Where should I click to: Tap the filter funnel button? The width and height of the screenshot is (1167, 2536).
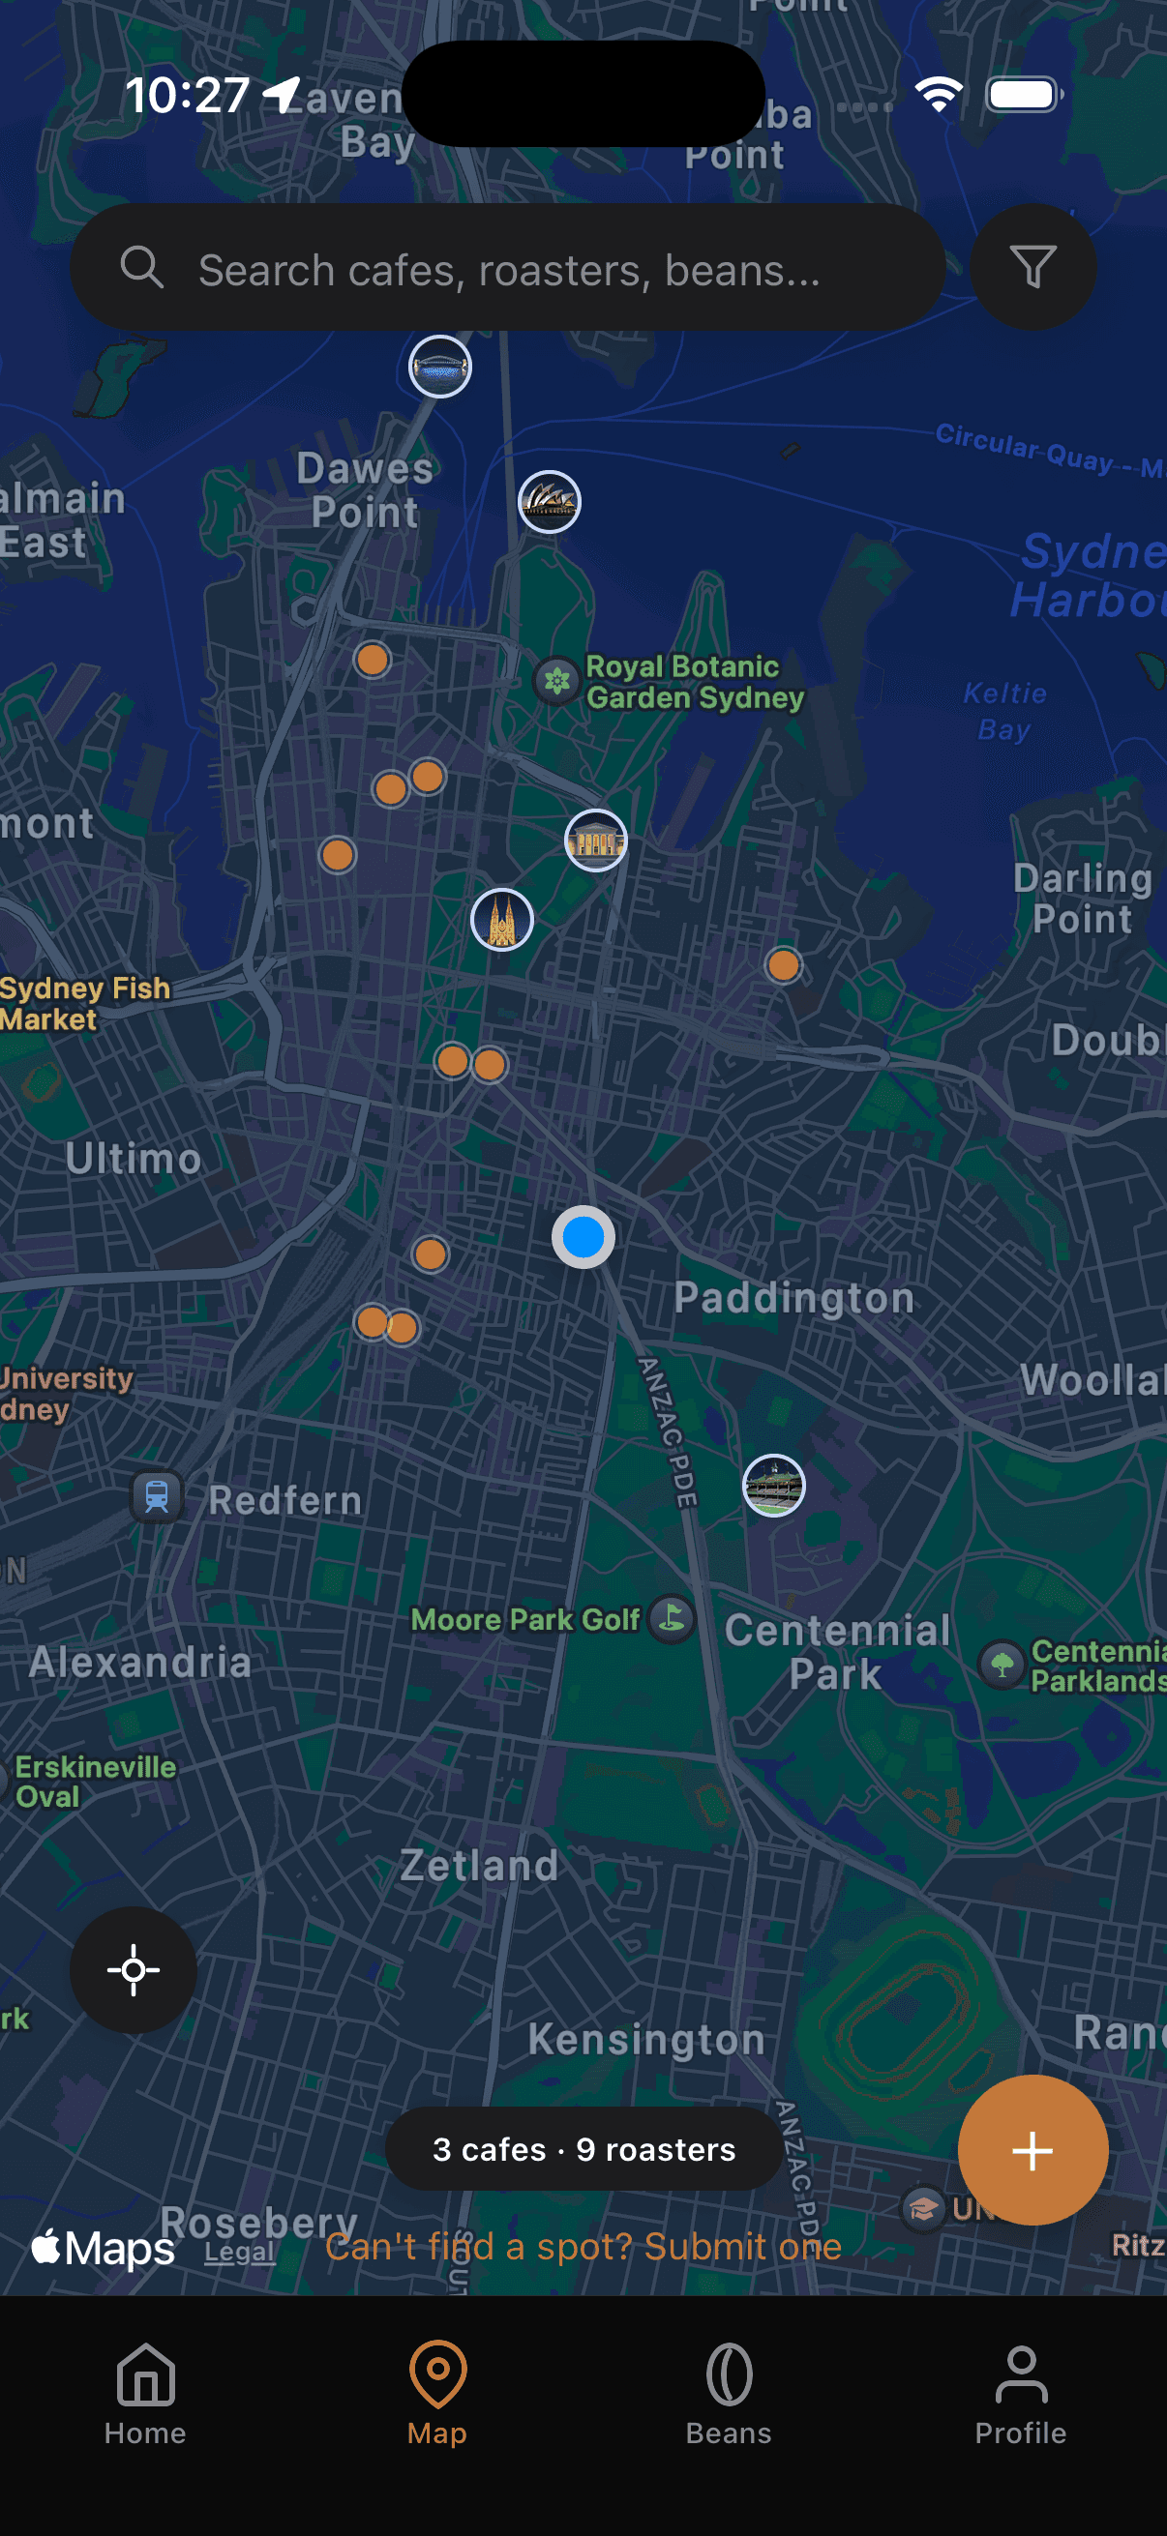[x=1032, y=267]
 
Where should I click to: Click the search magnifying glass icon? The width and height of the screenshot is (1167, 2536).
[x=142, y=268]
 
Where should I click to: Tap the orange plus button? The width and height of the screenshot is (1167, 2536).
[x=1032, y=2150]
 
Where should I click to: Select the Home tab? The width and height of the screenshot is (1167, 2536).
[x=146, y=2391]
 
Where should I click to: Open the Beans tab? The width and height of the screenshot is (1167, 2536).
[x=729, y=2391]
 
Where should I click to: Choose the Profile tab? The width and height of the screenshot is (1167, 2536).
[x=1020, y=2391]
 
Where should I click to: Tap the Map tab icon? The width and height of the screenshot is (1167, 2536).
[x=437, y=2375]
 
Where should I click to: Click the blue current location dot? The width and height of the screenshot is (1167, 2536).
[x=583, y=1236]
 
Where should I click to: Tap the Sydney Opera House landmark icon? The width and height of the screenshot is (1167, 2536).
[x=550, y=502]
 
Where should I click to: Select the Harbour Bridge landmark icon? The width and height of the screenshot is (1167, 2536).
[x=440, y=368]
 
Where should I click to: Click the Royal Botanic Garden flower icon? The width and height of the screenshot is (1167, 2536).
[x=557, y=680]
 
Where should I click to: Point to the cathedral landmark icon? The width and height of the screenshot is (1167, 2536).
[x=502, y=921]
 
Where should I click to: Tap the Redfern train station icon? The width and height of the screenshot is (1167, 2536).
[x=157, y=1496]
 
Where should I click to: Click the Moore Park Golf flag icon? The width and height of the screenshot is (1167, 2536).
[x=673, y=1617]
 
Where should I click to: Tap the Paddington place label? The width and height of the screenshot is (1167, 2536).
[x=793, y=1298]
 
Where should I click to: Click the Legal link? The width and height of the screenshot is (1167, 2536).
[x=239, y=2252]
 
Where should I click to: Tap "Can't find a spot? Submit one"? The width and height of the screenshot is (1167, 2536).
[x=583, y=2247]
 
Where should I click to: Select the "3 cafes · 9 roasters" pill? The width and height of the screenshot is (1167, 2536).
[x=584, y=2149]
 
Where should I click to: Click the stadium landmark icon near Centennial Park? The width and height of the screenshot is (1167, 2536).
[x=773, y=1486]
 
